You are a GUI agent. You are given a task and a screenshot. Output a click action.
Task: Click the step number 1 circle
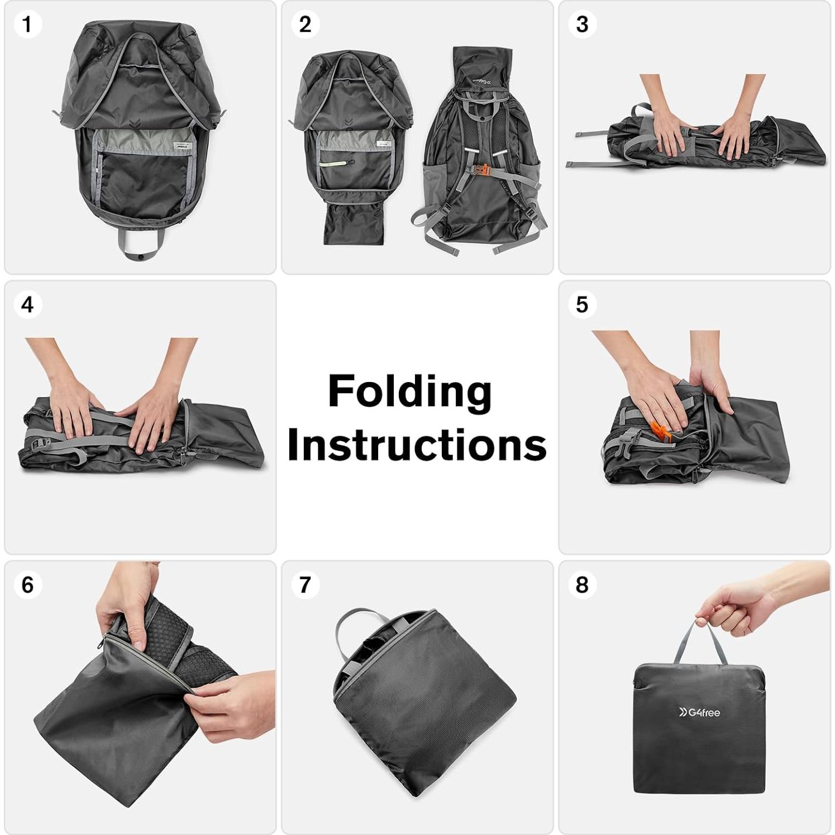pyautogui.click(x=26, y=25)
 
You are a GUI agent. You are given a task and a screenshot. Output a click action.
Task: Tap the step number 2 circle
pyautogui.click(x=305, y=25)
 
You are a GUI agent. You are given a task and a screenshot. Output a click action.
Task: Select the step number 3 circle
pyautogui.click(x=582, y=25)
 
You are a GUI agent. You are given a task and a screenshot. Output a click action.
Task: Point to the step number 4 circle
pyautogui.click(x=27, y=305)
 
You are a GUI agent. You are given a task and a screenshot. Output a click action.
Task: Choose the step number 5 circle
pyautogui.click(x=582, y=305)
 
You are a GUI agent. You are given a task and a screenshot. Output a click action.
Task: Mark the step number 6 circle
pyautogui.click(x=27, y=585)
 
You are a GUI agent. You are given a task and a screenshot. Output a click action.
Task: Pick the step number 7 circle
pyautogui.click(x=305, y=585)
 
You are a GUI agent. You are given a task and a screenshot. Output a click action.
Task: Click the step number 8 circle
pyautogui.click(x=582, y=585)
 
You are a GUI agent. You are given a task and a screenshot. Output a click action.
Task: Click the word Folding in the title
pyautogui.click(x=409, y=392)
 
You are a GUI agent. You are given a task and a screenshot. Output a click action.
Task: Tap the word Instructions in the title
pyautogui.click(x=416, y=445)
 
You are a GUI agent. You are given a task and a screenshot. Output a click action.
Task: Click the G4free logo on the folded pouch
pyautogui.click(x=699, y=712)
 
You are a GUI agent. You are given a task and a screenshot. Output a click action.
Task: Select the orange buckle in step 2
pyautogui.click(x=484, y=169)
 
